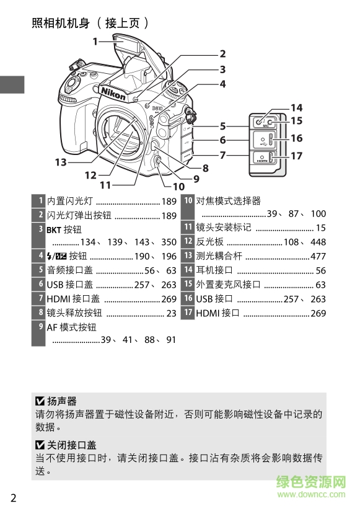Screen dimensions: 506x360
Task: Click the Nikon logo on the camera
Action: tap(115, 94)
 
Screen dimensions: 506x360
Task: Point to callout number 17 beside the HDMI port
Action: tap(296, 156)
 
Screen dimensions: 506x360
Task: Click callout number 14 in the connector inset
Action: tap(296, 108)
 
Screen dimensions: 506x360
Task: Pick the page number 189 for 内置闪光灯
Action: tap(169, 201)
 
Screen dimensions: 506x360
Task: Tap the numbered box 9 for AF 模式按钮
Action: tap(40, 326)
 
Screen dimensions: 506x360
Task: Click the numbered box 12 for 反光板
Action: tap(188, 242)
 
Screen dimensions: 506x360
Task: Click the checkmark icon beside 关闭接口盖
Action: tap(40, 445)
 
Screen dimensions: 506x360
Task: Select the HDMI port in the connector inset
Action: tap(263, 158)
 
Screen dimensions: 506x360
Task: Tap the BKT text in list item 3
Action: tap(54, 229)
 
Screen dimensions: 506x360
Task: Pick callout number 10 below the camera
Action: tap(178, 186)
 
